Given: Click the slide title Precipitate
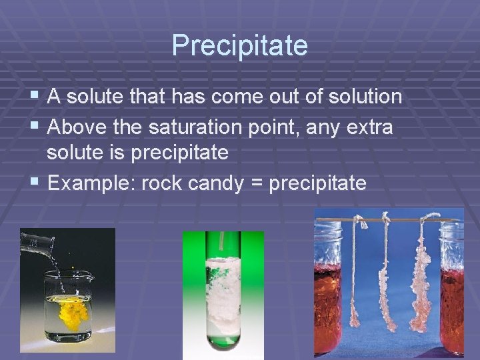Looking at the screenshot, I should (239, 45).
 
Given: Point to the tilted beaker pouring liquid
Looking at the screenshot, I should (37, 243).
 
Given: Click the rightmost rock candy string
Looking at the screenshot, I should (421, 280).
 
